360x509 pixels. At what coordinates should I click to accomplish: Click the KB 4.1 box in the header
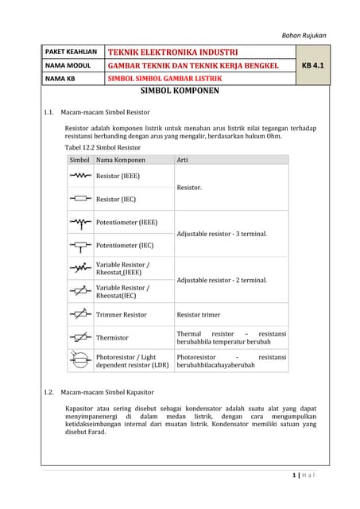point(313,65)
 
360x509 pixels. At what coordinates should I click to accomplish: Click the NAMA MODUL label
point(68,65)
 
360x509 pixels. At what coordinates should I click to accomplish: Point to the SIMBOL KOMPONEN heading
point(180,91)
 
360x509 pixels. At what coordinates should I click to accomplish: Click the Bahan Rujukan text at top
point(304,35)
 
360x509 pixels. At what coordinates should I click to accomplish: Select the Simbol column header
point(79,160)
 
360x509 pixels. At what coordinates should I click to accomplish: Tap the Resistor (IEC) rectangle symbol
point(80,198)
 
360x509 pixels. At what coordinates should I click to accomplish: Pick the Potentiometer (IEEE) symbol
point(80,222)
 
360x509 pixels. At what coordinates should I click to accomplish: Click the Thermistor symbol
point(80,337)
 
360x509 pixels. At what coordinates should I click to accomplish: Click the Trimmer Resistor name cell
point(121,315)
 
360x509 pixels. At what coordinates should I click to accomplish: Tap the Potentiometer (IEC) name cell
point(124,246)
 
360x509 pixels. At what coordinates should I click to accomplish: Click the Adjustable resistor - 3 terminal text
point(221,234)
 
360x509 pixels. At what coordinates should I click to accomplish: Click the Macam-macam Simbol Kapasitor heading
point(107,392)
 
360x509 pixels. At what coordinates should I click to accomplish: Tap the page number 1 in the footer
point(295,476)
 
